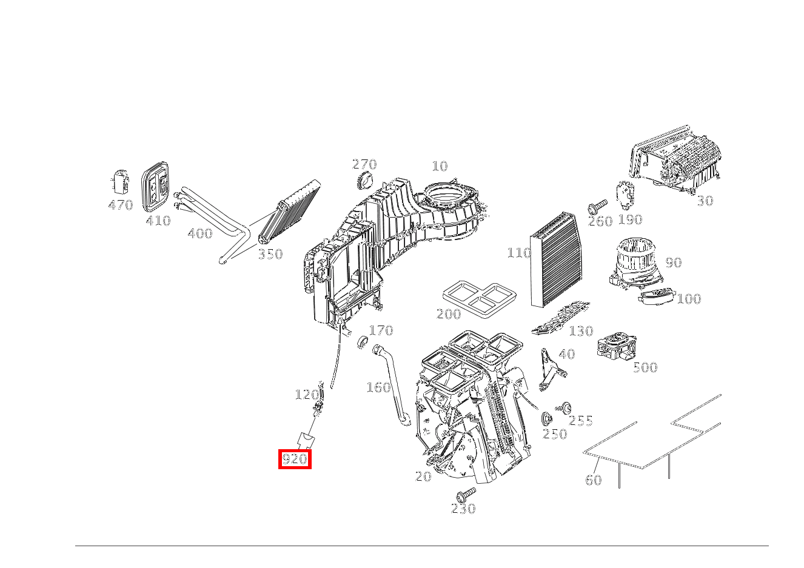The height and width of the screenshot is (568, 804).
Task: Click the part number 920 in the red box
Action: coord(295,459)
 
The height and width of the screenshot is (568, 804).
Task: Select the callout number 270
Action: coord(364,164)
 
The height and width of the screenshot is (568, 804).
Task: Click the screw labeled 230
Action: coord(467,493)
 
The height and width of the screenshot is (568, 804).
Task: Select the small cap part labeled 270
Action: coord(365,181)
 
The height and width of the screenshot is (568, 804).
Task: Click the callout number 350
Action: coord(270,255)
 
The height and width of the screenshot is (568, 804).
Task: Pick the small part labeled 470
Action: coord(120,182)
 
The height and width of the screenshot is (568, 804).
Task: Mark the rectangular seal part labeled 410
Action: coord(156,185)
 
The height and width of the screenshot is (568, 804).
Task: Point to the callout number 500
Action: coord(645,367)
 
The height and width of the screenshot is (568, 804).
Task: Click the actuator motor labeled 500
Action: coord(616,347)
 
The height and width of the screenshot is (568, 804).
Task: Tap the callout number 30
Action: coord(705,201)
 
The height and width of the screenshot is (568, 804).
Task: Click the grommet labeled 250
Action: coord(546,418)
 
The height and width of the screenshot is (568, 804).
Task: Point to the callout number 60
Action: coord(593,480)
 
